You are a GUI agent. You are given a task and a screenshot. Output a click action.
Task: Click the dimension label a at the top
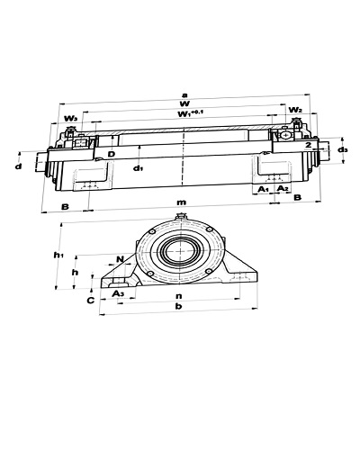(184, 95)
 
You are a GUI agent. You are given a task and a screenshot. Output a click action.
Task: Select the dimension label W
(184, 103)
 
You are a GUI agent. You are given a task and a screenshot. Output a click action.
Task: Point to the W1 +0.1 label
(191, 114)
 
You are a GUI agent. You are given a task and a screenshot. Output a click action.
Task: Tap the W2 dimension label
(295, 110)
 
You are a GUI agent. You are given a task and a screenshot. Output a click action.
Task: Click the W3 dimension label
(71, 119)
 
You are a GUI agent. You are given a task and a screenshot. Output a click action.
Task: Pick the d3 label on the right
(343, 149)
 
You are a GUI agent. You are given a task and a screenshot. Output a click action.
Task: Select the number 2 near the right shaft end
(309, 145)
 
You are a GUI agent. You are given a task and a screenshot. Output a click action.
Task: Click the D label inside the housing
(112, 154)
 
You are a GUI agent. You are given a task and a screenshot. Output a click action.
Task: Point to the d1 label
(138, 168)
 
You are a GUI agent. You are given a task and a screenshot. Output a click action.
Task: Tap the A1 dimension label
(263, 189)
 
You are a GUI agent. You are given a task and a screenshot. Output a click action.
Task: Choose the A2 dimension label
(282, 188)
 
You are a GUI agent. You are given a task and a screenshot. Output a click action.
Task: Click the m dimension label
(181, 202)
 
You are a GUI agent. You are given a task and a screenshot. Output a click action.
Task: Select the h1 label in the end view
(58, 256)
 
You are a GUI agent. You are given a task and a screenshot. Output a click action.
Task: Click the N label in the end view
(120, 259)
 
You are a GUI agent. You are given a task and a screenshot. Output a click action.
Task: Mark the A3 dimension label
(118, 293)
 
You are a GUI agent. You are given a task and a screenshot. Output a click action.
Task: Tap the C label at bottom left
(91, 301)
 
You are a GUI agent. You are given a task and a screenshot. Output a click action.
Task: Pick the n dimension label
(179, 296)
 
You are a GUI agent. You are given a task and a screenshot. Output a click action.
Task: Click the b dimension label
(179, 306)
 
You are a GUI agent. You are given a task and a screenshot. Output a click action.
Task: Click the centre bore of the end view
(180, 251)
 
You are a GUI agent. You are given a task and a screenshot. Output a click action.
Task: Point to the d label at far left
(19, 166)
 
